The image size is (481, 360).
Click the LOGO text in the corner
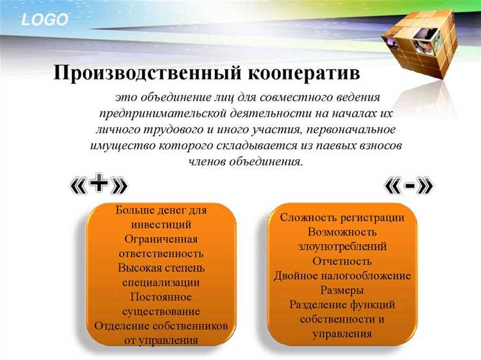coord(44,20)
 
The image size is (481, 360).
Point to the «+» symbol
coord(98,185)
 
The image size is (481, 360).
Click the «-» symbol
coord(409,185)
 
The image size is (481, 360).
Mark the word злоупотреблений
coord(342,246)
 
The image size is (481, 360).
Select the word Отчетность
coord(342,261)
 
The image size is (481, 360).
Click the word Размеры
coord(342,290)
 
